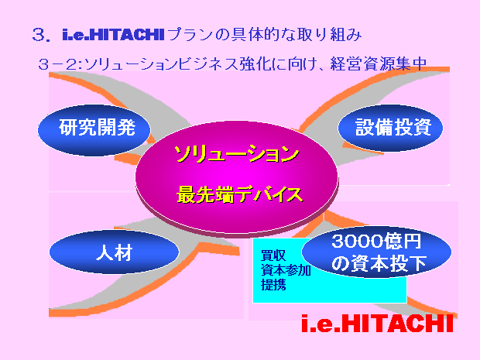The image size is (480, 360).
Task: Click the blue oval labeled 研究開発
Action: click(94, 130)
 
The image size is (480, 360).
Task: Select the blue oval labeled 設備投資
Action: click(390, 128)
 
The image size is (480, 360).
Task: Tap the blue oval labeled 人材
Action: click(114, 252)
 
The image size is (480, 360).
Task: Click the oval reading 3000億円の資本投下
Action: click(376, 252)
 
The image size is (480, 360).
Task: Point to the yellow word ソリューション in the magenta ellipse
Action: click(237, 153)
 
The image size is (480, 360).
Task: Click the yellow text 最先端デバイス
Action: click(240, 194)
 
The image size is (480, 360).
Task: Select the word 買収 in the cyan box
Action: click(273, 255)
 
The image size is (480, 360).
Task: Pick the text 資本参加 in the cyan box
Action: click(286, 270)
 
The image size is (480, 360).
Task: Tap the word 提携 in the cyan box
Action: click(273, 285)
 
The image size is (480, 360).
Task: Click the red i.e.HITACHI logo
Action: click(377, 324)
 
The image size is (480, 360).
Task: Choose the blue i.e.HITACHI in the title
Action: click(114, 34)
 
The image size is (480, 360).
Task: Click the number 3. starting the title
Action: click(41, 35)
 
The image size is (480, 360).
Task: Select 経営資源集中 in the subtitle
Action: click(379, 64)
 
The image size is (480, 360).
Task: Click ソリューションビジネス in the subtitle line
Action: click(161, 64)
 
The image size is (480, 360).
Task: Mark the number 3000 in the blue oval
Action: click(354, 241)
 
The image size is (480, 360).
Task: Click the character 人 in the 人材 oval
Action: click(105, 252)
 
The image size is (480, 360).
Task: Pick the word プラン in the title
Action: click(190, 34)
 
